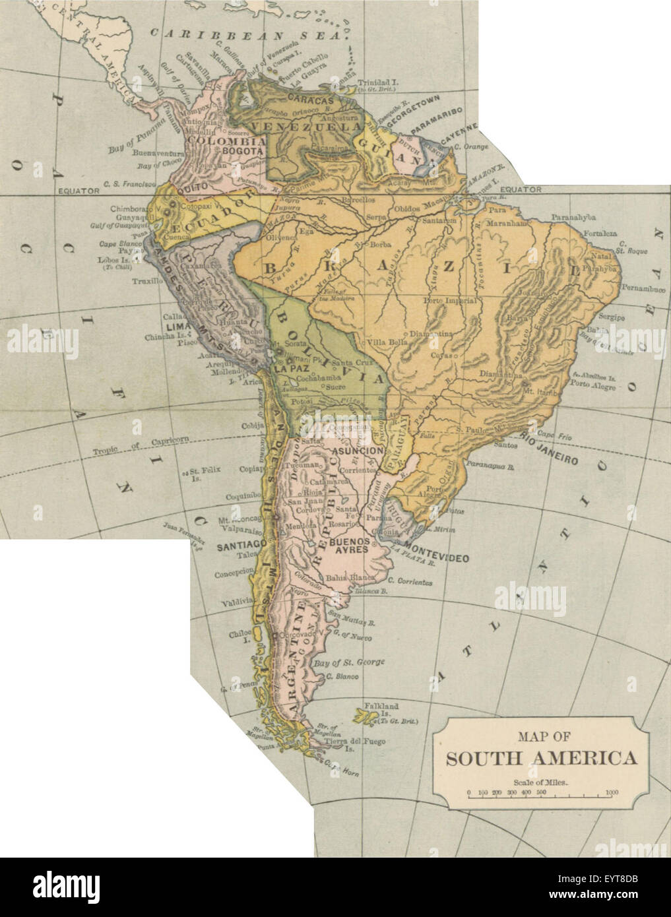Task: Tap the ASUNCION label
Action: [x=358, y=451]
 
